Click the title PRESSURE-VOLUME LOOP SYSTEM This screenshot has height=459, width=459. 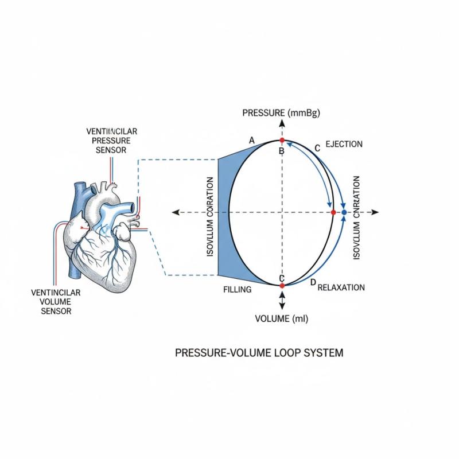pyautogui.click(x=259, y=352)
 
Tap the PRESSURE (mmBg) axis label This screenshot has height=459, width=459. pyautogui.click(x=281, y=112)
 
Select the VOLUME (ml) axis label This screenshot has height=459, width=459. pyautogui.click(x=281, y=319)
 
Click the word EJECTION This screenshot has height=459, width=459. pyautogui.click(x=344, y=144)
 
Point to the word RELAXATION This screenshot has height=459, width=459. pyautogui.click(x=341, y=287)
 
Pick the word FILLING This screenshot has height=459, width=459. pyautogui.click(x=237, y=290)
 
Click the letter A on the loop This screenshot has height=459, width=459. pyautogui.click(x=251, y=140)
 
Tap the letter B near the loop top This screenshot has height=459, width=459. pyautogui.click(x=282, y=151)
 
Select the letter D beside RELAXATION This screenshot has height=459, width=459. pyautogui.click(x=313, y=283)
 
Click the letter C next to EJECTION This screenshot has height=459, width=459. pyautogui.click(x=317, y=148)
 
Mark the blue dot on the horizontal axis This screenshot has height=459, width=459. pyautogui.click(x=344, y=212)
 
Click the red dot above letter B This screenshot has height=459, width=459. pyautogui.click(x=282, y=141)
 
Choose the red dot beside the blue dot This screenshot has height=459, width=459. pyautogui.click(x=333, y=212)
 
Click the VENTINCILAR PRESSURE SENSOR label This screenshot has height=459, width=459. pyautogui.click(x=112, y=141)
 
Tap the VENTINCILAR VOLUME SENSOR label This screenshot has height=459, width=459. pyautogui.click(x=56, y=302)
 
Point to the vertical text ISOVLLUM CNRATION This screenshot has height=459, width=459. pyautogui.click(x=356, y=217)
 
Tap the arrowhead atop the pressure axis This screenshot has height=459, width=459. pyautogui.click(x=282, y=123)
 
